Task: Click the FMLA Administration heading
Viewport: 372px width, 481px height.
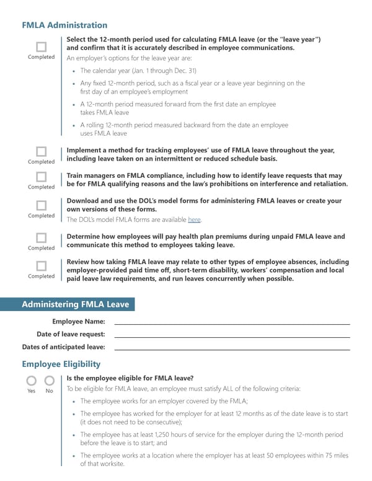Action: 64,25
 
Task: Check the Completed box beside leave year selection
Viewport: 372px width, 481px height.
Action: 41,46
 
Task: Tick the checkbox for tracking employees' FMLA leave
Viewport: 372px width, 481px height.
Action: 41,151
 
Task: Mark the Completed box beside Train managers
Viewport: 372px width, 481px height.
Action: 41,176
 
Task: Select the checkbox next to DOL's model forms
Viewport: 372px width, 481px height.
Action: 41,205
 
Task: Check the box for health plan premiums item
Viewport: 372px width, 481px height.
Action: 41,237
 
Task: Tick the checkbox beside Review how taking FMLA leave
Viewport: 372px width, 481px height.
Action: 41,266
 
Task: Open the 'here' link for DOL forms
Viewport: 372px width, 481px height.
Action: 194,219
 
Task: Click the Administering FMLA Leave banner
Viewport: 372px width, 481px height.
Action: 75,304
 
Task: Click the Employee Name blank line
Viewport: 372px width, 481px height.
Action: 232,323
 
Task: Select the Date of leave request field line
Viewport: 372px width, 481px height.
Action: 232,336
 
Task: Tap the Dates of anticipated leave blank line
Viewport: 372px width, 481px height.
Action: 232,349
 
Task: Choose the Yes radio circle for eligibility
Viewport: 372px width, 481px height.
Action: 31,381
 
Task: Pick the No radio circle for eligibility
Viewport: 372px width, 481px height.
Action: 49,381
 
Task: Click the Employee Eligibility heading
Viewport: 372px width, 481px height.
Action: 61,364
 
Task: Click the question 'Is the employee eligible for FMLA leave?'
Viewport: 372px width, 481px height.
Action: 130,377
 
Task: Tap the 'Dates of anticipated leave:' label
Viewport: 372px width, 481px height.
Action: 63,347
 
